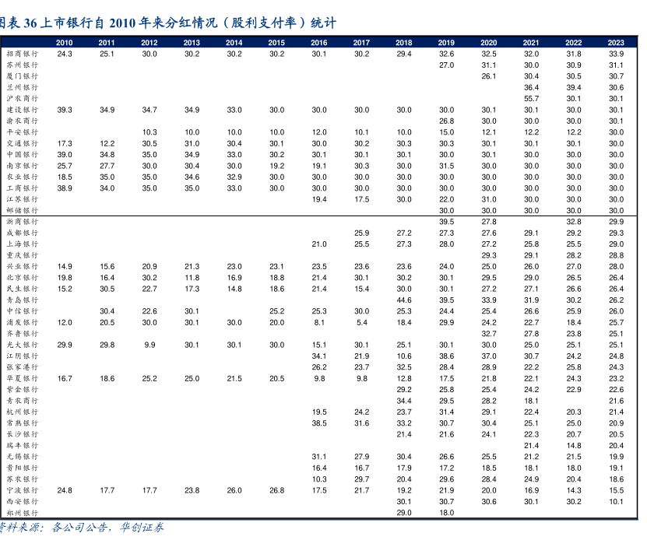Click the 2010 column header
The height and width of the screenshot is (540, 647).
tap(65, 43)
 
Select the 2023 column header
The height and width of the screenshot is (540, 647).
tap(616, 43)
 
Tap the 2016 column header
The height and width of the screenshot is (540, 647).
tap(319, 43)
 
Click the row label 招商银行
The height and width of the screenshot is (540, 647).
tap(22, 54)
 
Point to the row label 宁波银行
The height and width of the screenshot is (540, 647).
tap(22, 490)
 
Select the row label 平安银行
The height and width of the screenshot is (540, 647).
tap(22, 132)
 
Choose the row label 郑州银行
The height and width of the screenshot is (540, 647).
tap(22, 513)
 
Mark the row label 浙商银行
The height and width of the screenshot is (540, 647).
tap(22, 222)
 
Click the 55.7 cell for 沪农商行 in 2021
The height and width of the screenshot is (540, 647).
tap(531, 99)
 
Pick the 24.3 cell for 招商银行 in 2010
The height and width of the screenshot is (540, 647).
tap(65, 54)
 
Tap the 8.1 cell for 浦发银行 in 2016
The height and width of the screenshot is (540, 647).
tap(319, 322)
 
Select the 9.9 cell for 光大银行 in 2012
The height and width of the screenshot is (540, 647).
tap(149, 345)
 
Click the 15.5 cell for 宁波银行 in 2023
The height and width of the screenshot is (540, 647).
tap(616, 490)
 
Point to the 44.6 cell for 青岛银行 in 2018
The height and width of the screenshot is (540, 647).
tap(404, 300)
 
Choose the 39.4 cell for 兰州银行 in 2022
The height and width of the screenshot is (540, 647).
tap(574, 88)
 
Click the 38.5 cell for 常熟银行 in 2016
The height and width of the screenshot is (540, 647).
tap(319, 423)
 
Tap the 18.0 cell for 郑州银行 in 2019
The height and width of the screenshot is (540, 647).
tap(446, 513)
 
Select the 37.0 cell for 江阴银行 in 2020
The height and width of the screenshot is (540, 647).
tap(489, 356)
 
